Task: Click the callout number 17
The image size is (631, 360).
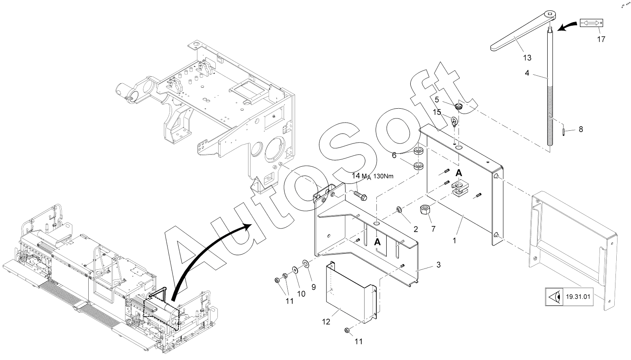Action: [x=601, y=39]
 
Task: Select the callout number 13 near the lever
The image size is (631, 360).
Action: [x=527, y=58]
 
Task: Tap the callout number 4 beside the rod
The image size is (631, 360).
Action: [x=527, y=73]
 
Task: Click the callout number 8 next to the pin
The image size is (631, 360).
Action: [x=581, y=129]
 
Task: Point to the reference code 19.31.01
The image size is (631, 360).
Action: [x=578, y=297]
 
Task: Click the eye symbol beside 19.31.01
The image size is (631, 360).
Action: [x=554, y=297]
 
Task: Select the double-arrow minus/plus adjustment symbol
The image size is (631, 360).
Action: [x=591, y=22]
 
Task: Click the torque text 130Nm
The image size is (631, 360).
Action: [x=383, y=177]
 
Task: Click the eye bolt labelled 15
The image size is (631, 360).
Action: [x=454, y=121]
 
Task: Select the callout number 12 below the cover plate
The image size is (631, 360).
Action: [x=326, y=322]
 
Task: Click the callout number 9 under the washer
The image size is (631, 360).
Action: [x=313, y=287]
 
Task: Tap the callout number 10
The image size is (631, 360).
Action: [x=301, y=294]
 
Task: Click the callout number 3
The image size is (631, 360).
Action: [x=439, y=265]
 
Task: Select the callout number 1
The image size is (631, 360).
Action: [x=454, y=241]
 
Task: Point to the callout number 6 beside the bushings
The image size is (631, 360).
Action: [x=394, y=155]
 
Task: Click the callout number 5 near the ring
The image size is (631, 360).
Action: [x=437, y=99]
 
